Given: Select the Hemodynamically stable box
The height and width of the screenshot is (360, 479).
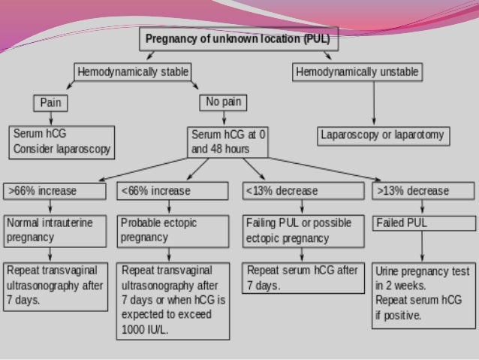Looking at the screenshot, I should [x=133, y=72].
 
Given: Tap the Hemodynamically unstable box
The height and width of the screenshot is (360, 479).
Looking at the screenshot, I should [x=357, y=72].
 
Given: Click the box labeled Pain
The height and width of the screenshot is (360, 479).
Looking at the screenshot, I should [x=50, y=101].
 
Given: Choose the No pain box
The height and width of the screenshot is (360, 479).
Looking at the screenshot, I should [x=224, y=101].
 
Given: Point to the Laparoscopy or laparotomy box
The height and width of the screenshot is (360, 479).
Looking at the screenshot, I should [x=382, y=136].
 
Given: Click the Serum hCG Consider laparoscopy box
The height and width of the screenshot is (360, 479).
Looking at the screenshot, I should [x=62, y=141].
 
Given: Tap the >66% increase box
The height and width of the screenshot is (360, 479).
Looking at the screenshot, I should [x=54, y=191].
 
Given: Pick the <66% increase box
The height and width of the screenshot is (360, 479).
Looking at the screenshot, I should [x=173, y=191].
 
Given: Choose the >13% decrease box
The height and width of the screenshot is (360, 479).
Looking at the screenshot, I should [x=423, y=191].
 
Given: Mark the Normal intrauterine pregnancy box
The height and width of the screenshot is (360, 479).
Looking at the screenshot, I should [x=54, y=231].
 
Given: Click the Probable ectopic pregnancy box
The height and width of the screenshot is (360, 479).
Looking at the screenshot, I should [x=173, y=231].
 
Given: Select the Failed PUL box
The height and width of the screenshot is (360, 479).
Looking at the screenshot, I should [x=423, y=223].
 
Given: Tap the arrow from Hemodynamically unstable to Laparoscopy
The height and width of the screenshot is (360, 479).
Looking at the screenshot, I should [x=374, y=104].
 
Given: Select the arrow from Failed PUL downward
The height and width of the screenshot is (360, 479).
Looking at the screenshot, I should [x=423, y=246].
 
